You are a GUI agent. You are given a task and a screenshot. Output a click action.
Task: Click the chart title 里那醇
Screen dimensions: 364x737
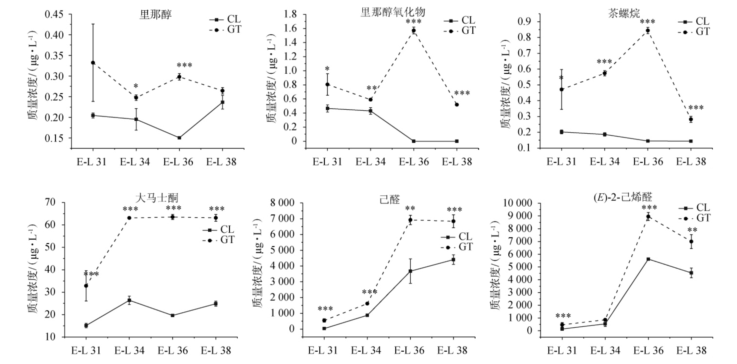pyautogui.click(x=156, y=15)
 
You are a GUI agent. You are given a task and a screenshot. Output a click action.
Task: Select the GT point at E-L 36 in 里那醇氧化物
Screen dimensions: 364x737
pyautogui.click(x=414, y=30)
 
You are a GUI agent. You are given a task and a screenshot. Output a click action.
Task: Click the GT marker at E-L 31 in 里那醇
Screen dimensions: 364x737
pyautogui.click(x=93, y=63)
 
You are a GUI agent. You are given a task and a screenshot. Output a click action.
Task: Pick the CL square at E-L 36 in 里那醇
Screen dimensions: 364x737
pyautogui.click(x=179, y=138)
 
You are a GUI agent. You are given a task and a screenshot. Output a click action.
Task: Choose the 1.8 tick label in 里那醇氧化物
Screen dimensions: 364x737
pyautogui.click(x=290, y=14)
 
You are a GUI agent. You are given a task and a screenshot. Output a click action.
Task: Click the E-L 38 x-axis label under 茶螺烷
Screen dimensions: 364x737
pyautogui.click(x=691, y=162)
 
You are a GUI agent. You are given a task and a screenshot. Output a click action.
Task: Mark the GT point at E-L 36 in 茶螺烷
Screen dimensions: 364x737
pyautogui.click(x=648, y=31)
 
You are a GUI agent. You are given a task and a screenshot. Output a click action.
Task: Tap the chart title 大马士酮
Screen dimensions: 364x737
pyautogui.click(x=157, y=198)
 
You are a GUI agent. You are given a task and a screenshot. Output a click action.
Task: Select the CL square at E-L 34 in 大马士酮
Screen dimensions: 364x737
pyautogui.click(x=129, y=300)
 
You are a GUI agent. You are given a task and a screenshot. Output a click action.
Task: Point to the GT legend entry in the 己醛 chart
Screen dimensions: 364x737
pyautogui.click(x=458, y=247)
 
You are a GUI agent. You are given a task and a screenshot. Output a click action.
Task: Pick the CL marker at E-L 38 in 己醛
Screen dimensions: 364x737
pyautogui.click(x=453, y=260)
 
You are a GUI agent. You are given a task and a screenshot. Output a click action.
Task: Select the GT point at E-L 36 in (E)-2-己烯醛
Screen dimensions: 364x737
pyautogui.click(x=648, y=217)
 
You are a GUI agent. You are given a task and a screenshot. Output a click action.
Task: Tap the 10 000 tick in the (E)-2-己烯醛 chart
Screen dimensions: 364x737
pyautogui.click(x=517, y=203)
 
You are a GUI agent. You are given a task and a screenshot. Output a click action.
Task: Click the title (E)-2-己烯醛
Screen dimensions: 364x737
pyautogui.click(x=623, y=197)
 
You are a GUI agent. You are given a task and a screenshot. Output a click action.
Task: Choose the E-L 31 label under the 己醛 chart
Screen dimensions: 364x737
pyautogui.click(x=323, y=350)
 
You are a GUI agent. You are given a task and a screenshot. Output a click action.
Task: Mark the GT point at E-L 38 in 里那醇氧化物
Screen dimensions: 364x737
pyautogui.click(x=457, y=104)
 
